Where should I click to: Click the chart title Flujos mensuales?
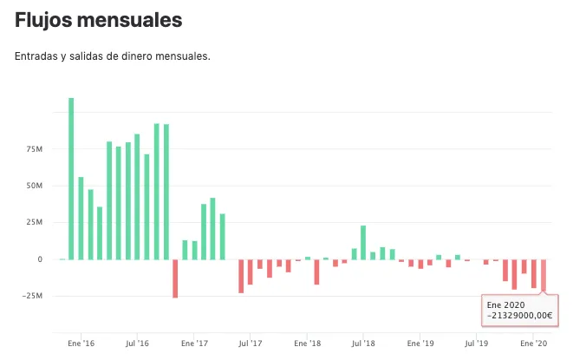98,20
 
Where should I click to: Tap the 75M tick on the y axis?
35,149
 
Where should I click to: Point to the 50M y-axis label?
35,186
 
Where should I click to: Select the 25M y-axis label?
35,222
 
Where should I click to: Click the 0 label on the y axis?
40,259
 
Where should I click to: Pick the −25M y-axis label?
32,296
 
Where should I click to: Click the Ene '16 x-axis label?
81,344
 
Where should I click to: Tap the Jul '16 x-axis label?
138,344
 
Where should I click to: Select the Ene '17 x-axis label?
194,344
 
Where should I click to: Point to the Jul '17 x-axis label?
251,344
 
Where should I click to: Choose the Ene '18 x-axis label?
308,344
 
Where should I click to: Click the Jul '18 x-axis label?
363,344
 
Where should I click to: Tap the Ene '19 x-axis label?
420,344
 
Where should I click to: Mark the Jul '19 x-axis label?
476,344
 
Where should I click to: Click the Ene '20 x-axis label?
533,344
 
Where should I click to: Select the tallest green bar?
71,179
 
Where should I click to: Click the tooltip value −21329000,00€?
519,316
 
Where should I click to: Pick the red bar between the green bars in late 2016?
175,278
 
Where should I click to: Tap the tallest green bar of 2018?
363,243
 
